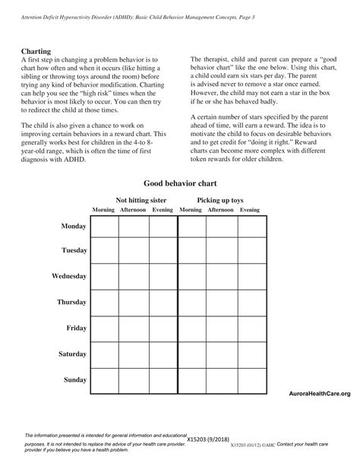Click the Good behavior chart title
point(179,185)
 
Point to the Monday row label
point(74,227)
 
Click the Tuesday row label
point(74,251)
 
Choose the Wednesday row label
point(70,277)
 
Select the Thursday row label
point(72,303)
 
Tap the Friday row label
point(76,328)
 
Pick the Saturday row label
point(72,354)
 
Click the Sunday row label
point(74,379)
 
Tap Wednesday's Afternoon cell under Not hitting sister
point(133,277)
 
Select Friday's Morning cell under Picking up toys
point(191,328)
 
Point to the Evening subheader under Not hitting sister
point(163,209)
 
